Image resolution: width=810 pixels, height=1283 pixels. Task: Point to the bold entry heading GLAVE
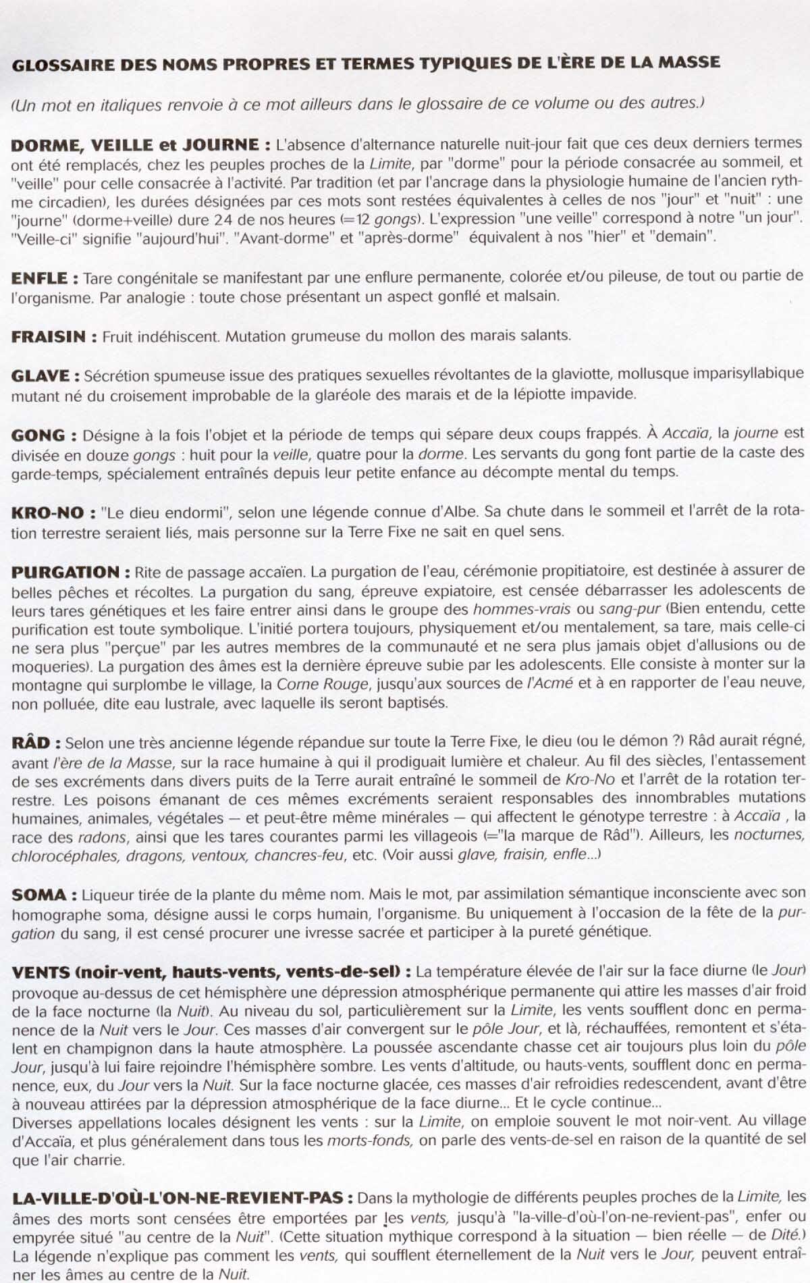(x=40, y=375)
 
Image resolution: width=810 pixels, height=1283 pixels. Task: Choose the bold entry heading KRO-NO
(x=47, y=513)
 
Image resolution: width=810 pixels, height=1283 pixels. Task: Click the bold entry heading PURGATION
(x=65, y=573)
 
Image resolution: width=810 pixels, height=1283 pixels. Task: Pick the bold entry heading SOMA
(x=39, y=895)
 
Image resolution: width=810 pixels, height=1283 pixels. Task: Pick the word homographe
(x=57, y=914)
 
